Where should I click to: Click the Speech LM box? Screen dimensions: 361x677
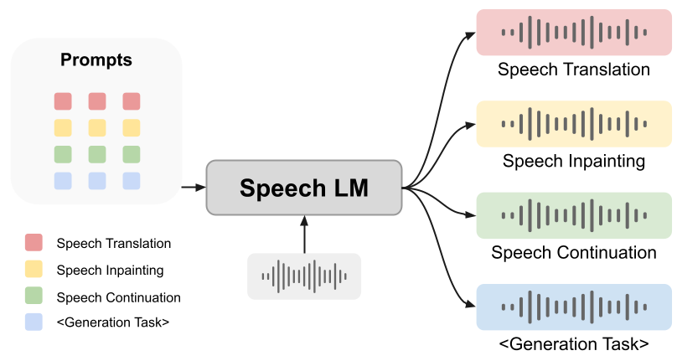(x=303, y=188)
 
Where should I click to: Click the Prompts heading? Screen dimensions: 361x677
(x=96, y=61)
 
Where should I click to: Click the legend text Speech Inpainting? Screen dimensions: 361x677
(x=110, y=271)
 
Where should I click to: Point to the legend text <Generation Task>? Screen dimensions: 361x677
(x=113, y=323)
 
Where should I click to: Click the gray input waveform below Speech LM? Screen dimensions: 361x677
(x=303, y=276)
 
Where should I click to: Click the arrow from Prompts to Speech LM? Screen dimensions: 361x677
(x=194, y=188)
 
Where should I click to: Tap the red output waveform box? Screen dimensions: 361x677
(x=573, y=33)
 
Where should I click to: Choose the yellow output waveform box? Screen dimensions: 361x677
(x=573, y=124)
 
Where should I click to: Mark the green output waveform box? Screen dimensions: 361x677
(x=573, y=215)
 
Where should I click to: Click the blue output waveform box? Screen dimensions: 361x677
(x=573, y=307)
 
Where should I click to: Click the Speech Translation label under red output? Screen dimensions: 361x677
(x=573, y=70)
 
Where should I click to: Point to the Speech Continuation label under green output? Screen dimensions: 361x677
(x=573, y=252)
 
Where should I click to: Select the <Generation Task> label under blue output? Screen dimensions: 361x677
(x=573, y=343)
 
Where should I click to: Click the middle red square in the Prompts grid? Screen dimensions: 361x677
(x=96, y=101)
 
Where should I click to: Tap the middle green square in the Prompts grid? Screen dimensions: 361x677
(x=96, y=154)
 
